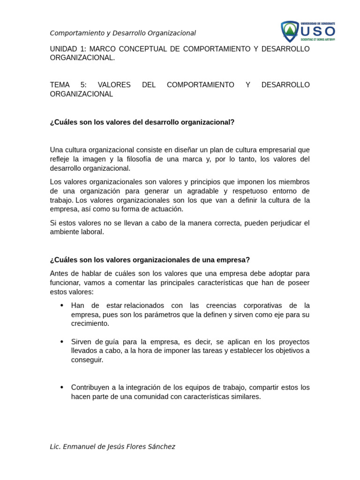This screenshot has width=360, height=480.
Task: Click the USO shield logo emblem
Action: coord(290,31)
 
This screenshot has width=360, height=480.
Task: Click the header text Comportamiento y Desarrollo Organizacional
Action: coord(123,33)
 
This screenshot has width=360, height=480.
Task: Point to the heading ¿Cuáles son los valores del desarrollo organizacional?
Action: coord(142,122)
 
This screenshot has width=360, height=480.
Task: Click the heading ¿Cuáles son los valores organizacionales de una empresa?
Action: coord(150,260)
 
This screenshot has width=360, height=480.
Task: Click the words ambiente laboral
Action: coord(77,232)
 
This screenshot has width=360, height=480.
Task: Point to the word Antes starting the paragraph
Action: coord(59,273)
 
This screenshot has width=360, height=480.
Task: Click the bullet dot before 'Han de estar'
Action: coord(62,305)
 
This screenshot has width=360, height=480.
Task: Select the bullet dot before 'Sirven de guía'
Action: coord(62,341)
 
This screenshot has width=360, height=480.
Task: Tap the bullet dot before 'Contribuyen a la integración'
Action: coord(62,387)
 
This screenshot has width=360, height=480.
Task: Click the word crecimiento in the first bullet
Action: coord(90,323)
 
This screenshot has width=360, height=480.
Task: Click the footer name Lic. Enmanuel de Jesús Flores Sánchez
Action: coord(112,447)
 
